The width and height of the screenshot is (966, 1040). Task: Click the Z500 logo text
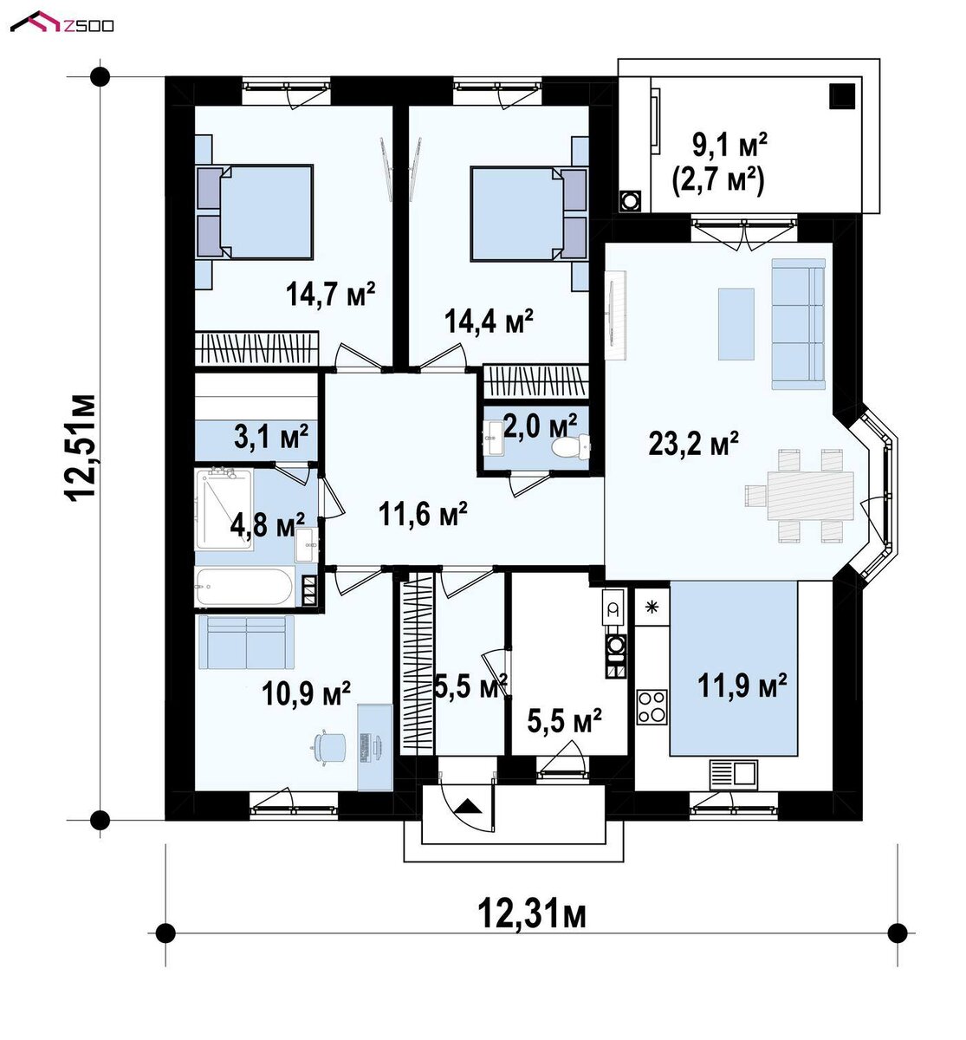tap(88, 25)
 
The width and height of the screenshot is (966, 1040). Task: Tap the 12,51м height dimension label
tap(81, 448)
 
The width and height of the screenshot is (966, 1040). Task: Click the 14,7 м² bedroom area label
tap(330, 294)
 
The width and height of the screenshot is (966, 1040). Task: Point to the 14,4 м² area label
tap(489, 321)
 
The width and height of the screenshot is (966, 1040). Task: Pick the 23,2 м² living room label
tap(693, 443)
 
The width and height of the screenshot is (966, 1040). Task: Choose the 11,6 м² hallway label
tap(423, 513)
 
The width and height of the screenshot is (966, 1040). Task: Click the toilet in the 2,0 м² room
tap(571, 446)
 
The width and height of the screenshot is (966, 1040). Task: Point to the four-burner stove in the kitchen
tap(652, 707)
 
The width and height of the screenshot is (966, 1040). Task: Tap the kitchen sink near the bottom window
tap(734, 775)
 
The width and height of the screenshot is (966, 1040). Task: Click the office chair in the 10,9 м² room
tap(330, 746)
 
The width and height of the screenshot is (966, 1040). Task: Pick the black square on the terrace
tap(842, 97)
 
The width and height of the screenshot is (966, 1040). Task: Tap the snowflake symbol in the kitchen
tap(652, 608)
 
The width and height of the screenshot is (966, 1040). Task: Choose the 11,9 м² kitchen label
tap(742, 686)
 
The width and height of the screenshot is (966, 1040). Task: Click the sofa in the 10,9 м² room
tap(246, 642)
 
